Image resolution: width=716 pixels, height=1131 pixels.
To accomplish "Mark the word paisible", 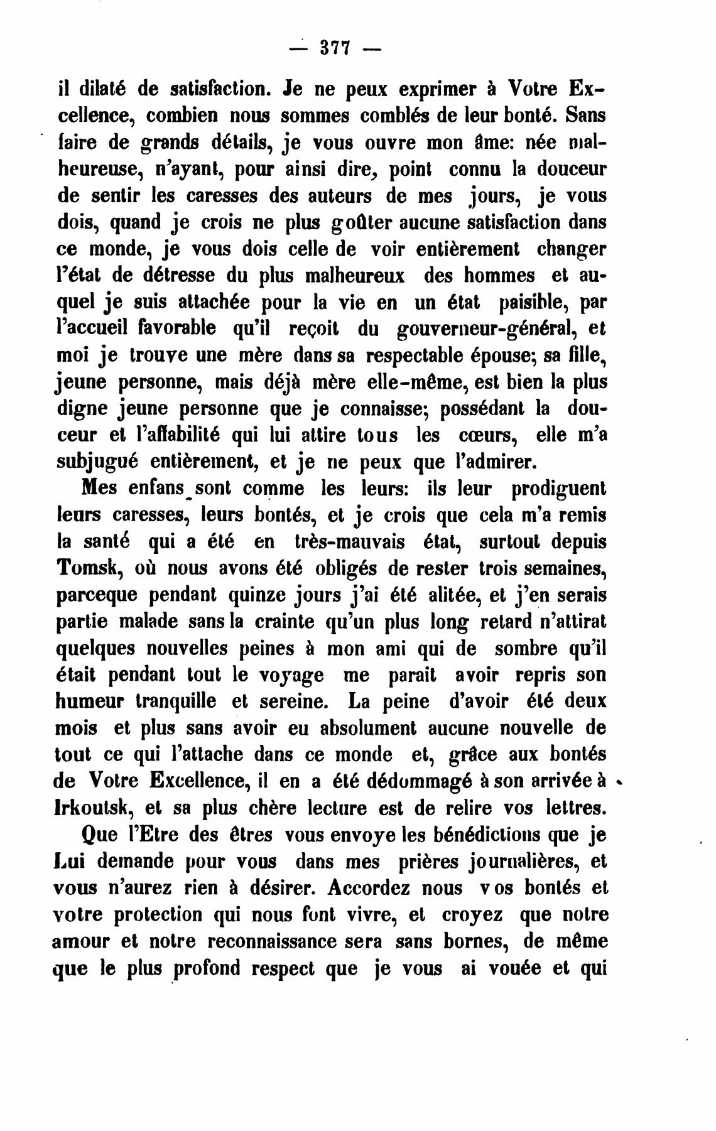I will click(x=533, y=302).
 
